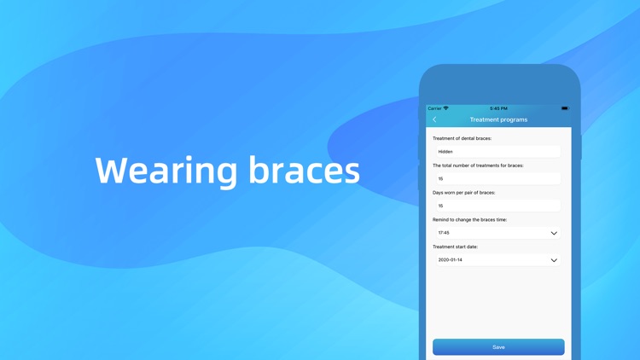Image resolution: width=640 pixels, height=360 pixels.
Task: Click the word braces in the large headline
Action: [305, 171]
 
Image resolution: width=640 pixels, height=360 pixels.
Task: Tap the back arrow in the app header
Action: [434, 119]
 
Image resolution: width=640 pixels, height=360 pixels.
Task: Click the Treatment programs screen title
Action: [498, 119]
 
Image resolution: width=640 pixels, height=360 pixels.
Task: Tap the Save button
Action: [498, 347]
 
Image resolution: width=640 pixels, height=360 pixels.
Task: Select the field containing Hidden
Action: [496, 151]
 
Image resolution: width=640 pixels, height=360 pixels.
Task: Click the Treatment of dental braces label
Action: [462, 138]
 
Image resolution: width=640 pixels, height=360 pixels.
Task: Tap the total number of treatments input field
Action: [496, 178]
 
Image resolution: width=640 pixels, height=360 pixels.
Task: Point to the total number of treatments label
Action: [478, 165]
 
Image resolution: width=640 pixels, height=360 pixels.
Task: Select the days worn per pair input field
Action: [496, 206]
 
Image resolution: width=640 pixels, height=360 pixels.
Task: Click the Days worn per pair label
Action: [463, 193]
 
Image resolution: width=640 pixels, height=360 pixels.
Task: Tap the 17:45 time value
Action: [444, 233]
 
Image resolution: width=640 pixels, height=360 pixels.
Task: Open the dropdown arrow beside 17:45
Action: [554, 233]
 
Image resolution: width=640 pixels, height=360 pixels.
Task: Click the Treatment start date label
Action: [455, 247]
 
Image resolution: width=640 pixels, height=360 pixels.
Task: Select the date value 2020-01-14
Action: [450, 260]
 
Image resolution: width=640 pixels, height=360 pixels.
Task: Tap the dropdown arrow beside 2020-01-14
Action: [554, 260]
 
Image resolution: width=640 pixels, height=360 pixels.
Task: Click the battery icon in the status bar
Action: [564, 108]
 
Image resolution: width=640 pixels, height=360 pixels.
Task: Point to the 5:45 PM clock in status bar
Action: [498, 108]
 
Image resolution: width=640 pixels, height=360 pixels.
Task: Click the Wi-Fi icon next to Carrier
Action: [446, 108]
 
